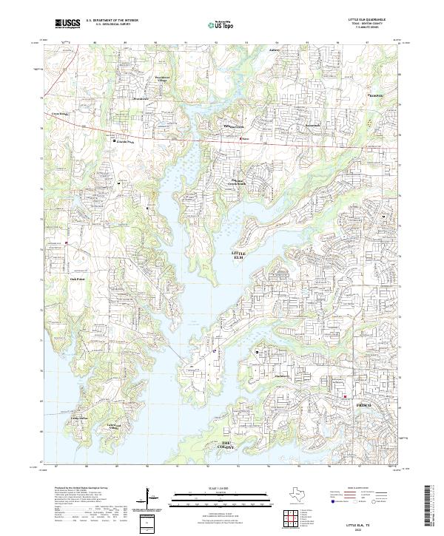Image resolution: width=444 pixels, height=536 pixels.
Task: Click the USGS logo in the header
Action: [x=68, y=24]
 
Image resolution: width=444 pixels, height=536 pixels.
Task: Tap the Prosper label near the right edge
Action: [x=377, y=95]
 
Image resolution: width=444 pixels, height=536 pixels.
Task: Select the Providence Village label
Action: [x=163, y=77]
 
